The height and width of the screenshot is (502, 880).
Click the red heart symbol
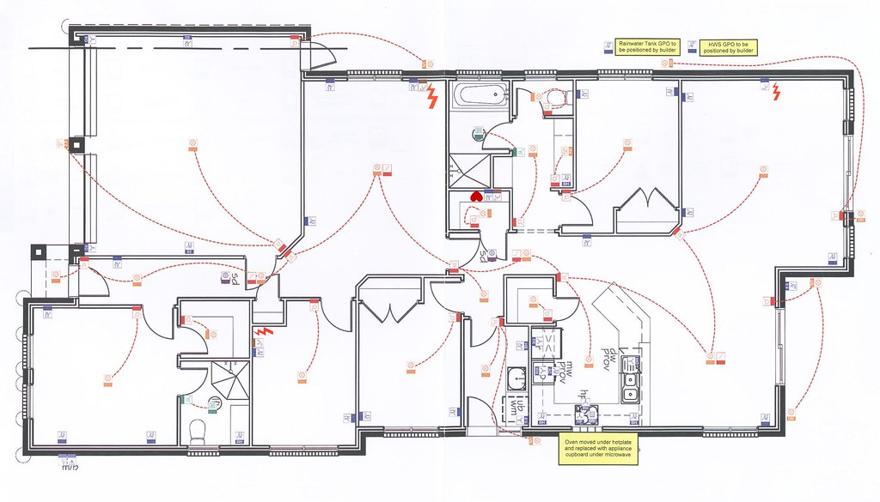[x=476, y=197]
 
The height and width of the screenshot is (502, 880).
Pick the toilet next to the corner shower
[x=197, y=430]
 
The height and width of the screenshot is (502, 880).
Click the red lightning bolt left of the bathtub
[x=433, y=96]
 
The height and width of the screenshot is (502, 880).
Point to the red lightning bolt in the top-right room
[x=777, y=91]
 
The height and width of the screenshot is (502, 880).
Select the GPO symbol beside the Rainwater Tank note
[x=608, y=46]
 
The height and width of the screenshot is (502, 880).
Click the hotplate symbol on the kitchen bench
[x=588, y=414]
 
